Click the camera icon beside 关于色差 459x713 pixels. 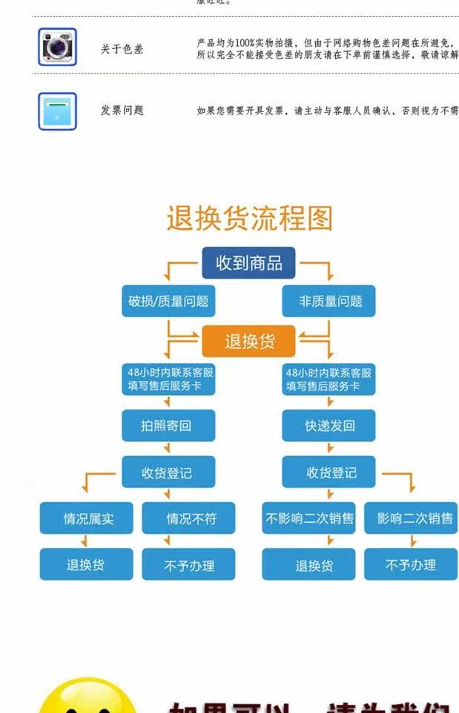(57, 48)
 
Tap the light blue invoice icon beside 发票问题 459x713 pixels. (57, 111)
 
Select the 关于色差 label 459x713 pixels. (122, 49)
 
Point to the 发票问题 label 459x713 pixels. (122, 111)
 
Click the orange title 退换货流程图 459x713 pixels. (249, 219)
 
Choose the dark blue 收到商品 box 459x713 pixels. (249, 263)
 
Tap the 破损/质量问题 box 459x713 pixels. (168, 301)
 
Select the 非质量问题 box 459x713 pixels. (329, 301)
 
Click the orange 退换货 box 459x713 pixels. (249, 341)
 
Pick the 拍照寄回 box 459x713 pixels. (168, 426)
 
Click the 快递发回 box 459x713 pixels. (329, 426)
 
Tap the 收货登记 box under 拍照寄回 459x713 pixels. (168, 472)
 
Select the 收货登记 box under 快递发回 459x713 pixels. (329, 472)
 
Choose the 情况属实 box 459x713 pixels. (87, 518)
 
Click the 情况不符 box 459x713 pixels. (189, 518)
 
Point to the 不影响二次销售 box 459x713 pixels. (309, 518)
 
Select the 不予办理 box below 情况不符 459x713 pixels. (189, 564)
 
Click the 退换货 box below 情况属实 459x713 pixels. (87, 564)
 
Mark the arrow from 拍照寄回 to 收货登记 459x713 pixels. (168, 449)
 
